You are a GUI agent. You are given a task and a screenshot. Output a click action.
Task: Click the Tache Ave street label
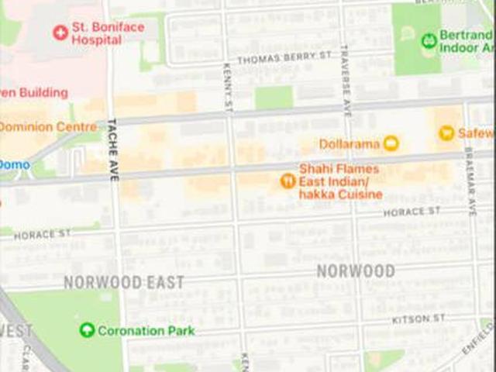(113, 149)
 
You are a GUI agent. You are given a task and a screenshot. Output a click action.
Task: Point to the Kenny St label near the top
(227, 87)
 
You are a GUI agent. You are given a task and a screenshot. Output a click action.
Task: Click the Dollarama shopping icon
(391, 143)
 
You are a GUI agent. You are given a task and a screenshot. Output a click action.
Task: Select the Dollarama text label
(349, 144)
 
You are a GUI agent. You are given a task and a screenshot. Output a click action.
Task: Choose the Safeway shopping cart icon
(446, 133)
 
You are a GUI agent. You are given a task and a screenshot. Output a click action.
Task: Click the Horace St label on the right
(412, 211)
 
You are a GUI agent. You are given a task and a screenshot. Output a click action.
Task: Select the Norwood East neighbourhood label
(124, 282)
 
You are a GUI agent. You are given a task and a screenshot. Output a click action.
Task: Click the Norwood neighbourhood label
(356, 271)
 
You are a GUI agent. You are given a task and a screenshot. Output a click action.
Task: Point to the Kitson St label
(419, 319)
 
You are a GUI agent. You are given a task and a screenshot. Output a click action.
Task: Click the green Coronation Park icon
(88, 331)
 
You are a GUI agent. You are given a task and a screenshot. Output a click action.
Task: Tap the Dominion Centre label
(48, 126)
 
